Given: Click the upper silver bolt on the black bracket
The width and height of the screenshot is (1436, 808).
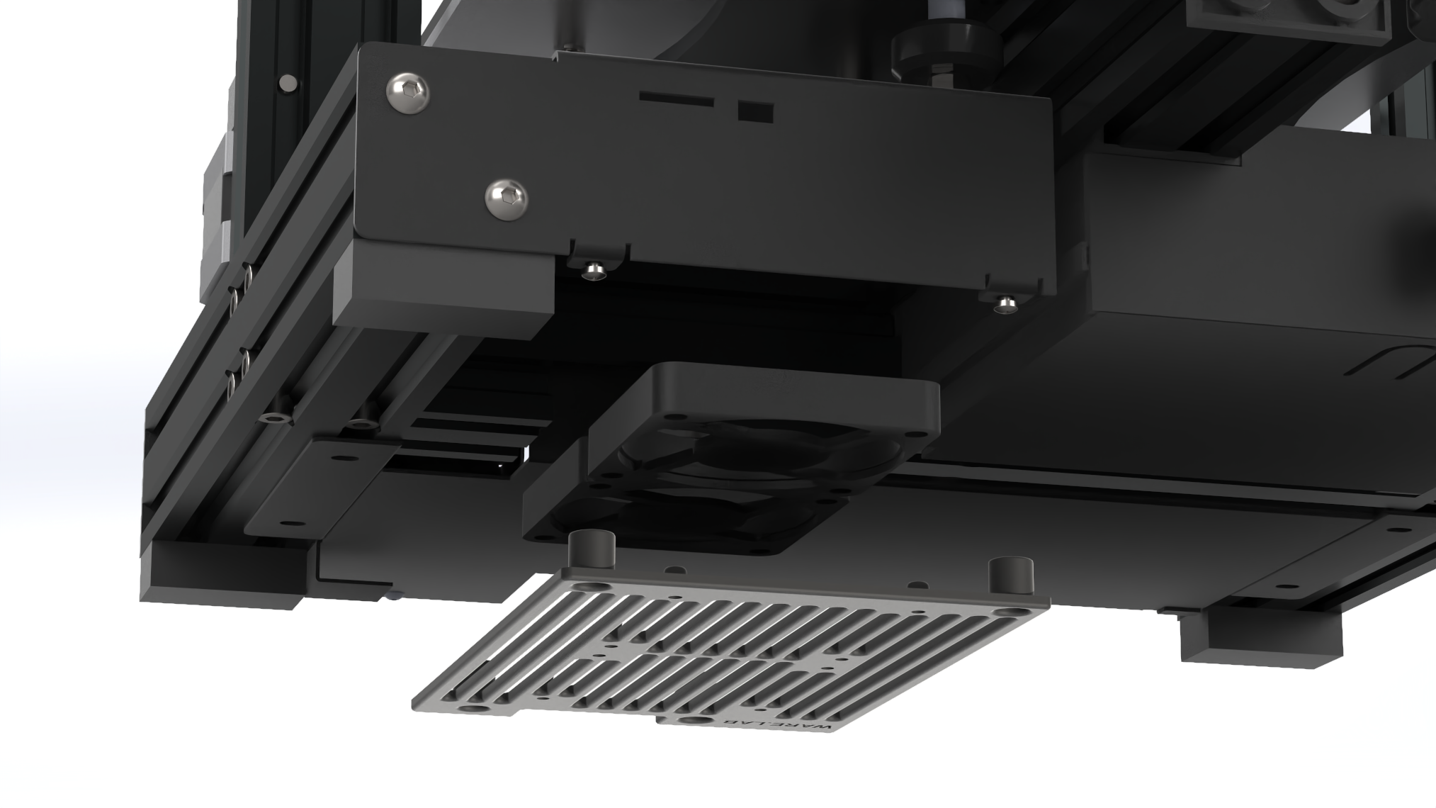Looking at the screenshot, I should (x=408, y=91).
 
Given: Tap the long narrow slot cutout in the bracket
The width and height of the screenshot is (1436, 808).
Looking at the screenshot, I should (x=677, y=99).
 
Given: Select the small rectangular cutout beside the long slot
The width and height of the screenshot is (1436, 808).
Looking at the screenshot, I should (x=756, y=112).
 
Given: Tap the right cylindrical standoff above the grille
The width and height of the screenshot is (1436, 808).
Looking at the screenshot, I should (x=1011, y=575).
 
